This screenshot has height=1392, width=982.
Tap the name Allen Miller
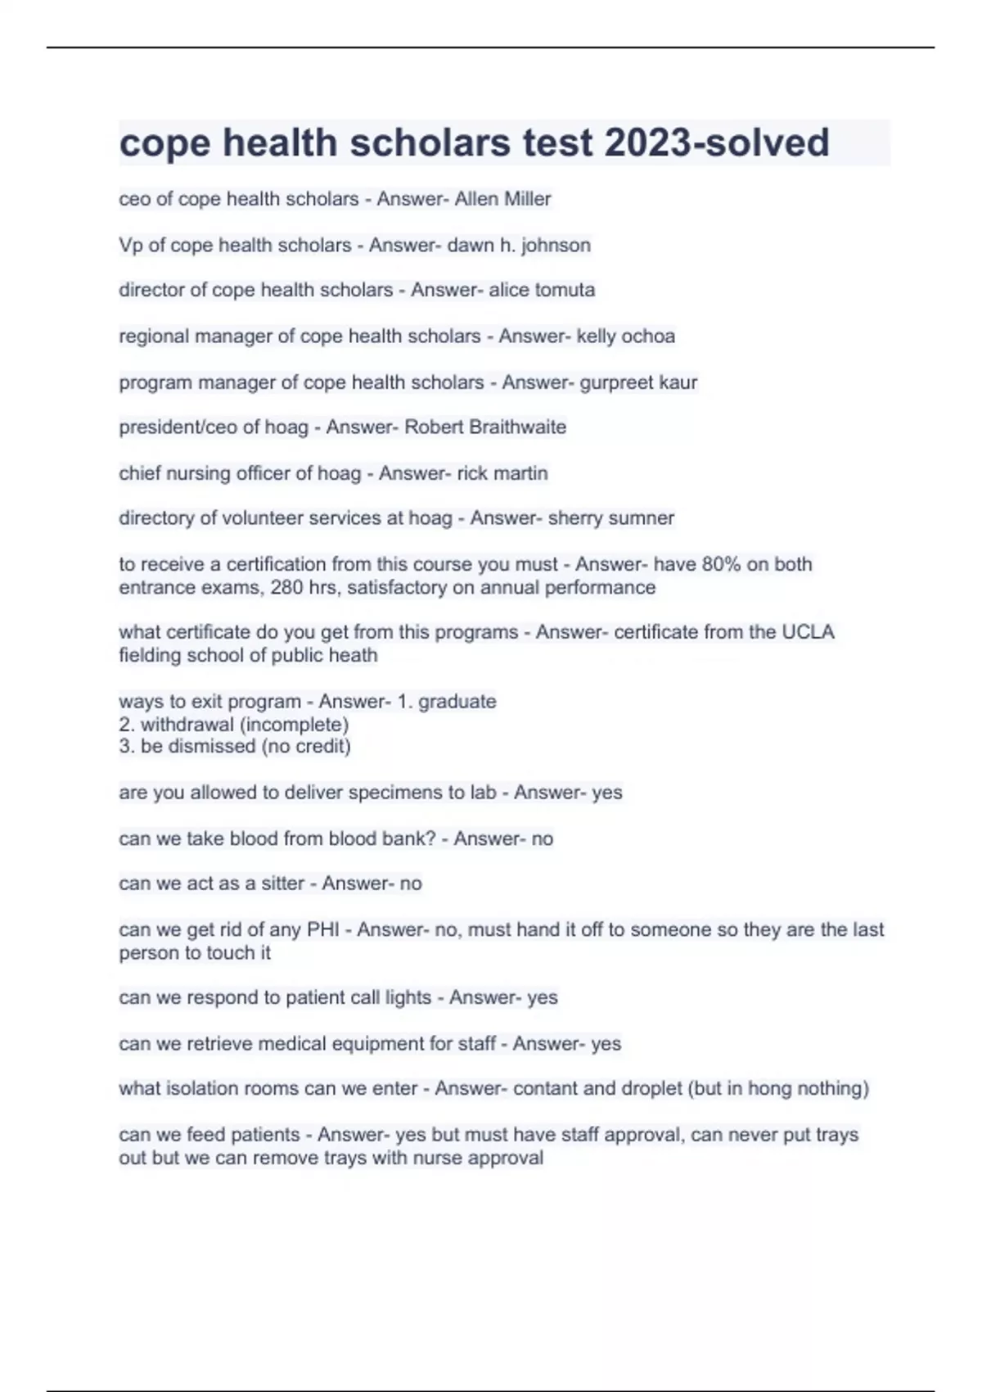(502, 199)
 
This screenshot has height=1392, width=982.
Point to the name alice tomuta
(542, 290)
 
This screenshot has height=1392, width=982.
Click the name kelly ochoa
(626, 336)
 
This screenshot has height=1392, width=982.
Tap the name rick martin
(502, 473)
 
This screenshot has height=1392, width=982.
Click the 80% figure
(720, 564)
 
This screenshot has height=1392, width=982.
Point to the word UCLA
(808, 632)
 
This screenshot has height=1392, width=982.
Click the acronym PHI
(322, 929)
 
